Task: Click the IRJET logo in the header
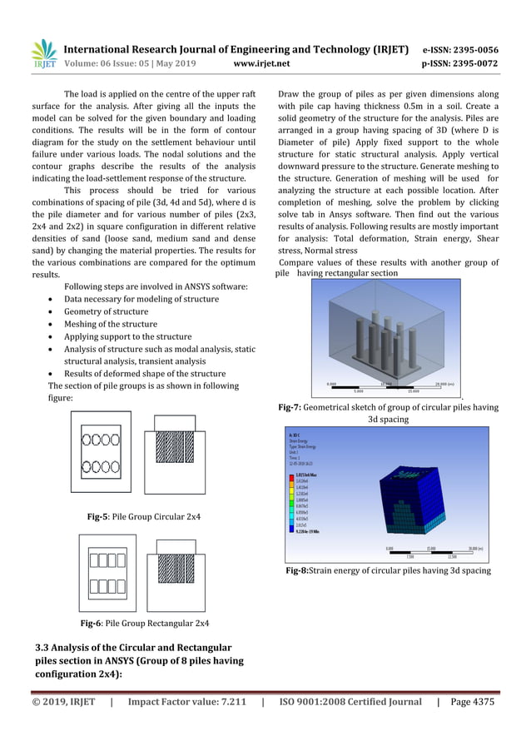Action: (44, 53)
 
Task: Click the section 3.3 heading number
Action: (45, 648)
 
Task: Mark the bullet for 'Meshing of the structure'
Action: (54, 324)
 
